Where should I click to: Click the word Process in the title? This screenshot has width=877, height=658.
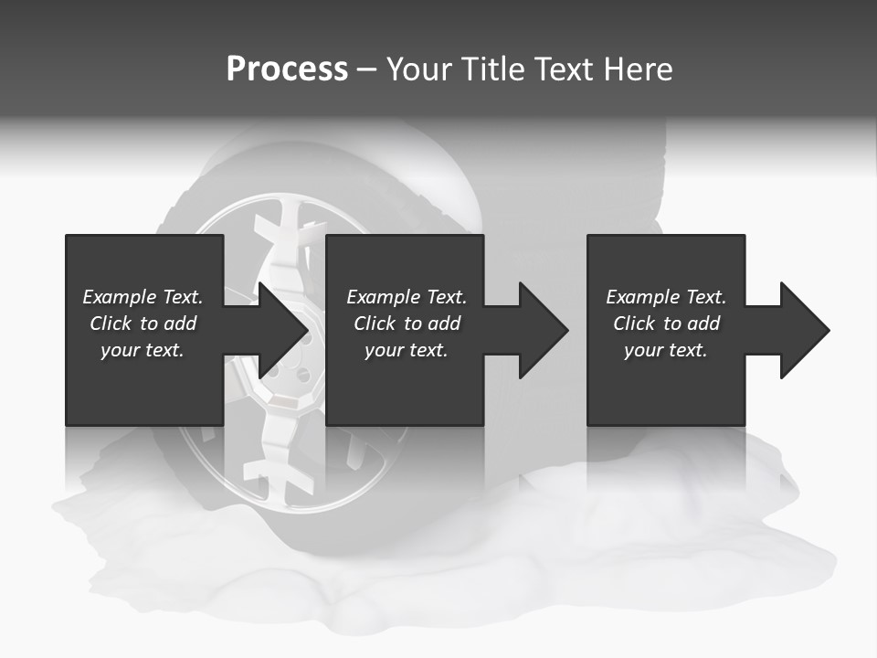pyautogui.click(x=287, y=69)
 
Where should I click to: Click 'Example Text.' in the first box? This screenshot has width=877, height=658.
pyautogui.click(x=143, y=297)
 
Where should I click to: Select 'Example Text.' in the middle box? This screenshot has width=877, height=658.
pyautogui.click(x=407, y=297)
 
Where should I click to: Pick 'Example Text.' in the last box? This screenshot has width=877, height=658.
pyautogui.click(x=666, y=297)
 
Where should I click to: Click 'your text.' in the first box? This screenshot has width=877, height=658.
pyautogui.click(x=143, y=350)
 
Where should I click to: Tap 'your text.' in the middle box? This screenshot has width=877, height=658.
pyautogui.click(x=407, y=350)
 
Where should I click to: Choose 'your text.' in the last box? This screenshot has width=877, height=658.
pyautogui.click(x=666, y=350)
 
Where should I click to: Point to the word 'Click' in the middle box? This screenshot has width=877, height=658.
pyautogui.click(x=375, y=324)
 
